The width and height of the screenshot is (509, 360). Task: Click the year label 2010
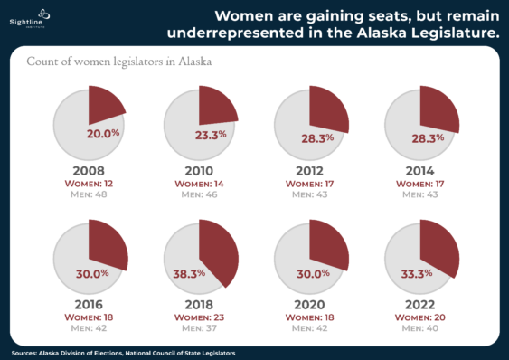point(199,170)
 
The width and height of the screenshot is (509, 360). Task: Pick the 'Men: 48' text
point(89,194)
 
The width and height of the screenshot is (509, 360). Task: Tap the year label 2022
point(419,305)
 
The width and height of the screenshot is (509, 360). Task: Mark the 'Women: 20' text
point(419,317)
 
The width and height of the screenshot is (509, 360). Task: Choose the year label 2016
point(89,305)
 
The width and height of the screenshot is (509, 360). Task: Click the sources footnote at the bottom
point(124,353)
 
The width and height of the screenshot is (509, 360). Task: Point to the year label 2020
point(309,305)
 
